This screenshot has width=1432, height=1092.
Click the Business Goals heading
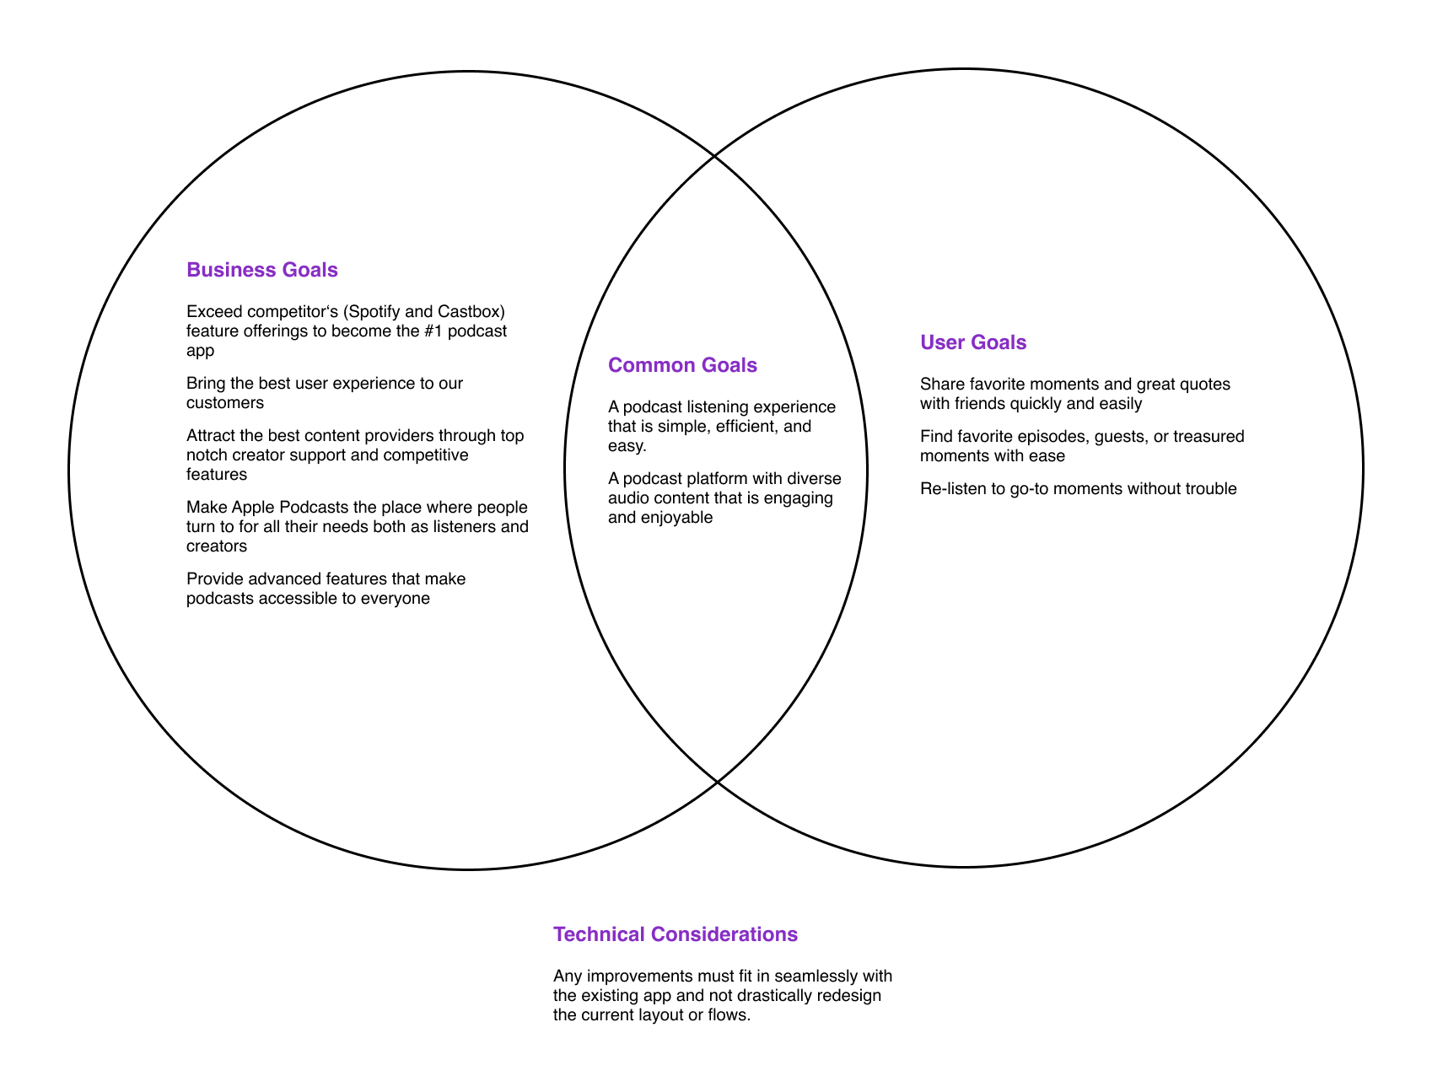(261, 270)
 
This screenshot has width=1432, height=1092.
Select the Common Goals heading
(682, 365)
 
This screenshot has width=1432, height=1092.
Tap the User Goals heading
(973, 342)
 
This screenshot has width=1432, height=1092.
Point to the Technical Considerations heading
(675, 934)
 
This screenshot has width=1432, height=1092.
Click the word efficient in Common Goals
(746, 427)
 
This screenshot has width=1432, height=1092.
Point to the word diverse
(814, 479)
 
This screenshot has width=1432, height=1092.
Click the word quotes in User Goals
(1206, 385)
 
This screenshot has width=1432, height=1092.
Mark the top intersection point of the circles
(715, 156)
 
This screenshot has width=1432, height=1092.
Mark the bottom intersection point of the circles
(716, 783)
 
